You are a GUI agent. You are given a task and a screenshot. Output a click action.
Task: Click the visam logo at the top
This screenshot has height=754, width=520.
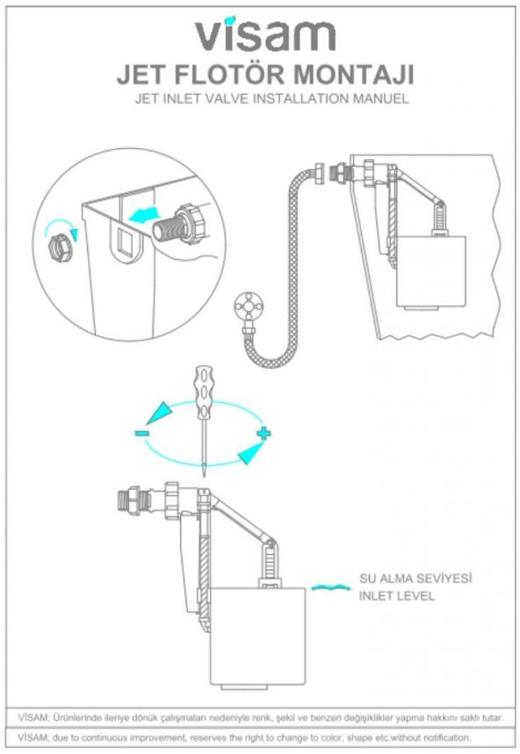click(264, 34)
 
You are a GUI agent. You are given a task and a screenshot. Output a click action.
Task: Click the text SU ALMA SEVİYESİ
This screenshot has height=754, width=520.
click(415, 579)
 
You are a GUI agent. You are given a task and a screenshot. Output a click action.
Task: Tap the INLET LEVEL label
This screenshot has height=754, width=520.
click(396, 597)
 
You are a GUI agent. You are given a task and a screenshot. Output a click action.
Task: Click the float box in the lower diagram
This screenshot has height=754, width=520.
click(259, 635)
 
